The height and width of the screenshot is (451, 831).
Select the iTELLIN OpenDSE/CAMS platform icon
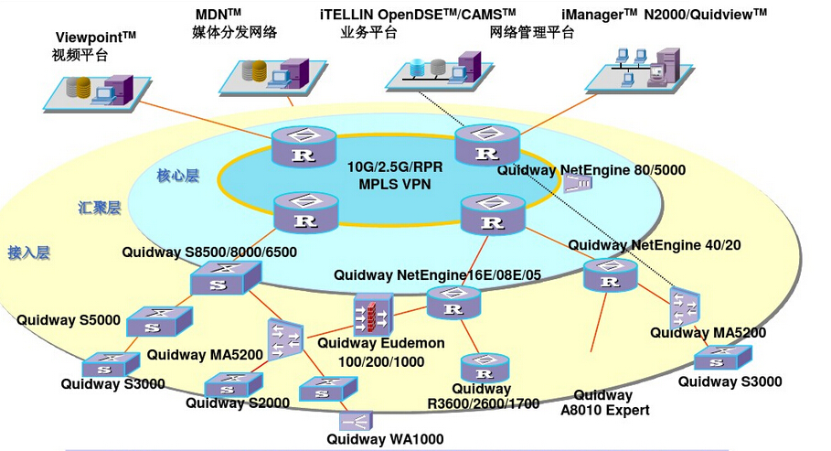pos(433,69)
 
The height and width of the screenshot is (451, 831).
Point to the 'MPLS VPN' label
pos(395,184)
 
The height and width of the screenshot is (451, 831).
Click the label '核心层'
pos(177,176)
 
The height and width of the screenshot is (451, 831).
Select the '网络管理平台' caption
pos(532,33)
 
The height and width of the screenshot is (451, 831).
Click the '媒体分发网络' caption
pos(234,33)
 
